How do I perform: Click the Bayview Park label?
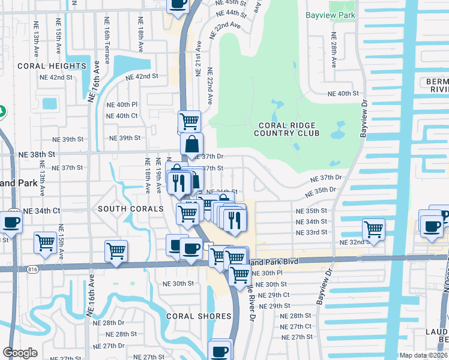[x=330, y=16]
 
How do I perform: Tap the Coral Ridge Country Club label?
[x=288, y=129]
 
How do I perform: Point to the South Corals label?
[x=131, y=209]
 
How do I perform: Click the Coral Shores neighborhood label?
[x=199, y=316]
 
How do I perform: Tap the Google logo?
[x=20, y=353]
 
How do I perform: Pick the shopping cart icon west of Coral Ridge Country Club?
[x=190, y=122]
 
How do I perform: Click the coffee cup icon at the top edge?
[x=177, y=4]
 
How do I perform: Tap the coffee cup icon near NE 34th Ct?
[x=11, y=221]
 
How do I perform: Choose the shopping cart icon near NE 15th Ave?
[x=46, y=243]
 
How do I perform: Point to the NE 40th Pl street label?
[x=122, y=104]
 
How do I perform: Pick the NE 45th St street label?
[x=231, y=3]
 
